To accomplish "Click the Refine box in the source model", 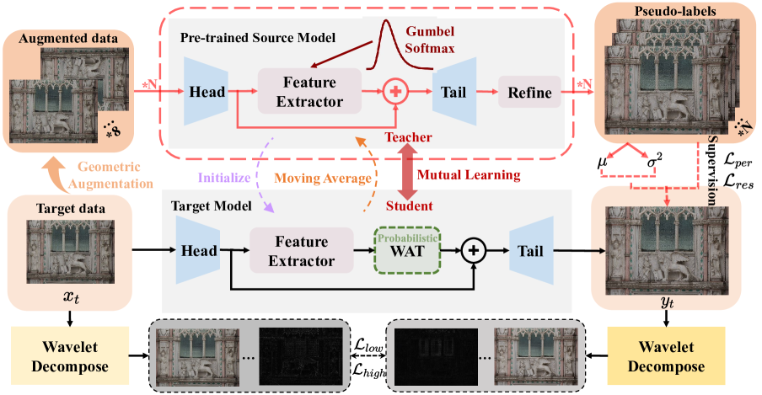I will pos(529,92).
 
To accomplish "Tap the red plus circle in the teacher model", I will pos(394,92).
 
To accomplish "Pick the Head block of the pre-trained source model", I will pos(207,92).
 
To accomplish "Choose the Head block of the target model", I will pos(196,250).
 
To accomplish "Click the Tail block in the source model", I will pos(453,92).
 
